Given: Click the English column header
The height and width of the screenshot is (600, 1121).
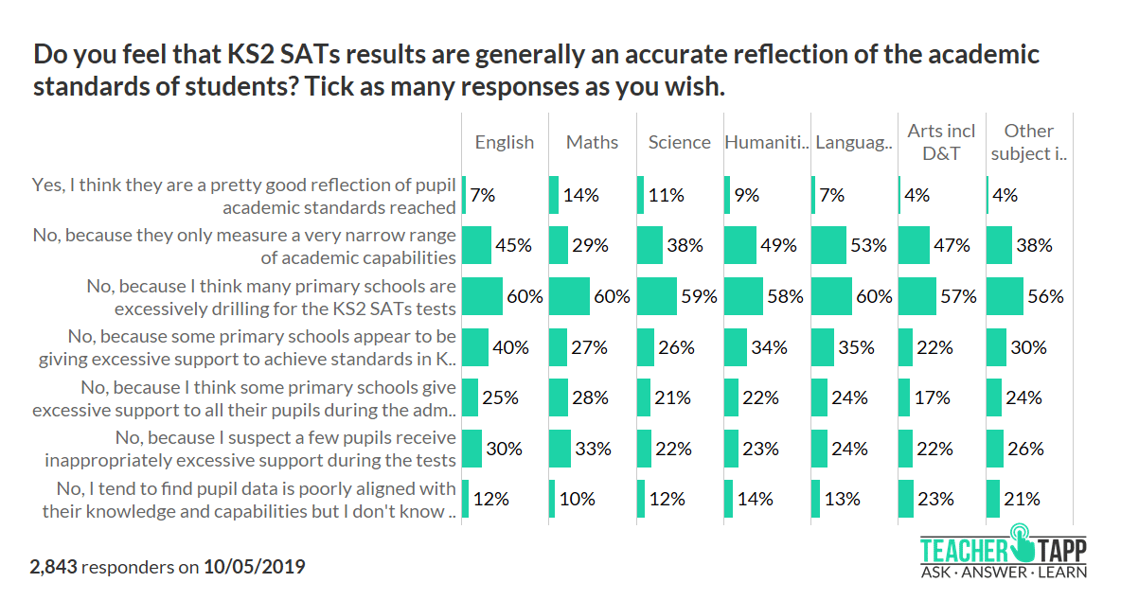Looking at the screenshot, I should (x=504, y=142).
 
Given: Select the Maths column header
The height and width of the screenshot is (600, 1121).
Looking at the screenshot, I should (x=592, y=142).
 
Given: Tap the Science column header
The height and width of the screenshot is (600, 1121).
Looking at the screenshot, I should (x=679, y=142).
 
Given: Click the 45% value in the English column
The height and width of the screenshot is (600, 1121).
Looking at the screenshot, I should (x=513, y=246).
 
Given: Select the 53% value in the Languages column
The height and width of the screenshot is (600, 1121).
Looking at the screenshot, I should (x=868, y=246).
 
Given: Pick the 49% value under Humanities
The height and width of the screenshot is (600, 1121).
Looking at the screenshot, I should (x=779, y=246).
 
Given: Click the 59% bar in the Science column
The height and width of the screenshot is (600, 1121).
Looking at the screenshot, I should (x=657, y=296).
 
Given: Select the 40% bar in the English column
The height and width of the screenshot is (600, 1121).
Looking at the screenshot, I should (x=475, y=347).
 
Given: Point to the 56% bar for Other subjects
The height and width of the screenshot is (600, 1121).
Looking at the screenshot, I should (x=1005, y=296).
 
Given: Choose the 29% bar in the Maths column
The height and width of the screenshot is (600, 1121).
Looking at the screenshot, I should (x=559, y=246).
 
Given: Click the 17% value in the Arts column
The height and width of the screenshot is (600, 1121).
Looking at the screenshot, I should (x=932, y=398).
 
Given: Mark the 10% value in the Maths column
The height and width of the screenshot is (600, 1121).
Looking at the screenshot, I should (x=578, y=499).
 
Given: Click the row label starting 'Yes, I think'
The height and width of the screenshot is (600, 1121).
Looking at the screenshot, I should (x=244, y=195).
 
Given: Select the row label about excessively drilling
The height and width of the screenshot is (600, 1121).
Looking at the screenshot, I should (x=271, y=296).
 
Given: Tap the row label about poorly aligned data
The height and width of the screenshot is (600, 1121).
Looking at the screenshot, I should (x=250, y=499).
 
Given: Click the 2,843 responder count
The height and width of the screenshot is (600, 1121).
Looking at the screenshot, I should (x=54, y=567).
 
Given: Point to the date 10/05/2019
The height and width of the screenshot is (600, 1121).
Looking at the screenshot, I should (x=255, y=567).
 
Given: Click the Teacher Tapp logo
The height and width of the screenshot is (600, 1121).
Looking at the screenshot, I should (x=1005, y=553).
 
